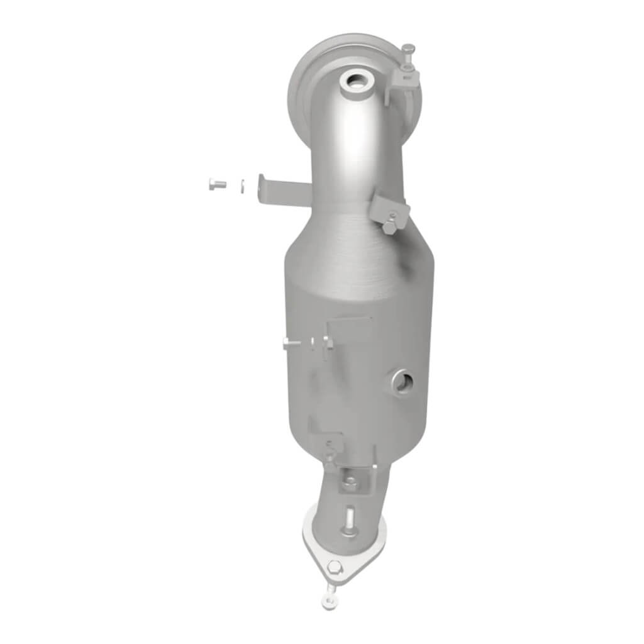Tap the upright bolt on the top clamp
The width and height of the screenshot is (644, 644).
point(409,54)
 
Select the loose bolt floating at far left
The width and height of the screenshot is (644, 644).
point(216,184)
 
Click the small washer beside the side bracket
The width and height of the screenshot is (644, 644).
point(242,185)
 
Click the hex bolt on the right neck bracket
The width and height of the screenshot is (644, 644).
point(391,222)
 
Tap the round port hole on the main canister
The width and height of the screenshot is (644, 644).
point(402,380)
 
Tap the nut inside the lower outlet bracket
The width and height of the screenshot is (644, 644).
point(350,484)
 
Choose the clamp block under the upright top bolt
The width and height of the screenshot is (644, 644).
point(403,79)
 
